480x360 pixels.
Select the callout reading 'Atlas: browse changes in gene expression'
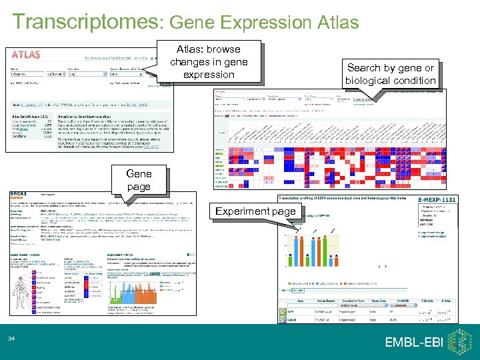[x=209, y=61]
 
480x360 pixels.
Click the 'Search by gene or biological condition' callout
[x=390, y=74]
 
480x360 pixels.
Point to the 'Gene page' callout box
[x=139, y=179]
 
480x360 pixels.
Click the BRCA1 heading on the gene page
[x=21, y=195]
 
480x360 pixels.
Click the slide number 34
[x=11, y=341]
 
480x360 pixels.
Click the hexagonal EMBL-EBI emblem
[x=459, y=341]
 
